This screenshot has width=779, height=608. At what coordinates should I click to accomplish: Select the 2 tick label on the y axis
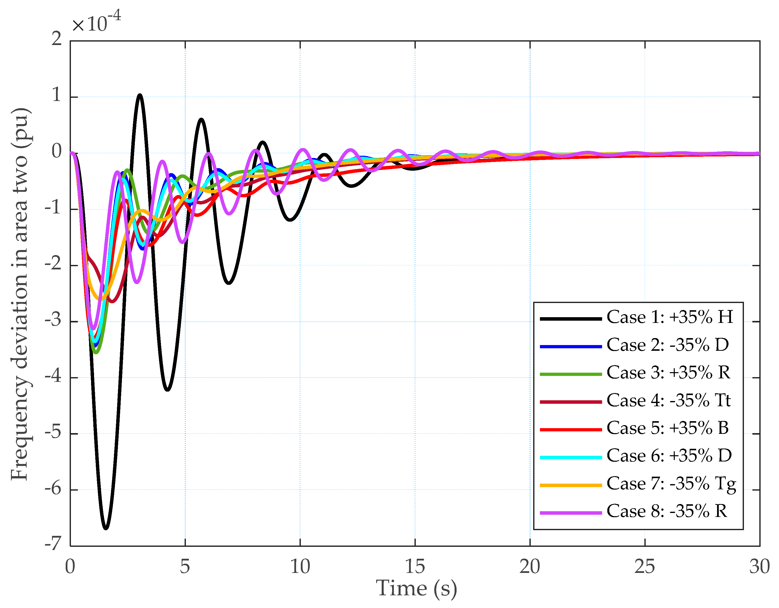(x=56, y=39)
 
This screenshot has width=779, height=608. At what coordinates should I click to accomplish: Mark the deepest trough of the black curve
(x=105, y=528)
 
